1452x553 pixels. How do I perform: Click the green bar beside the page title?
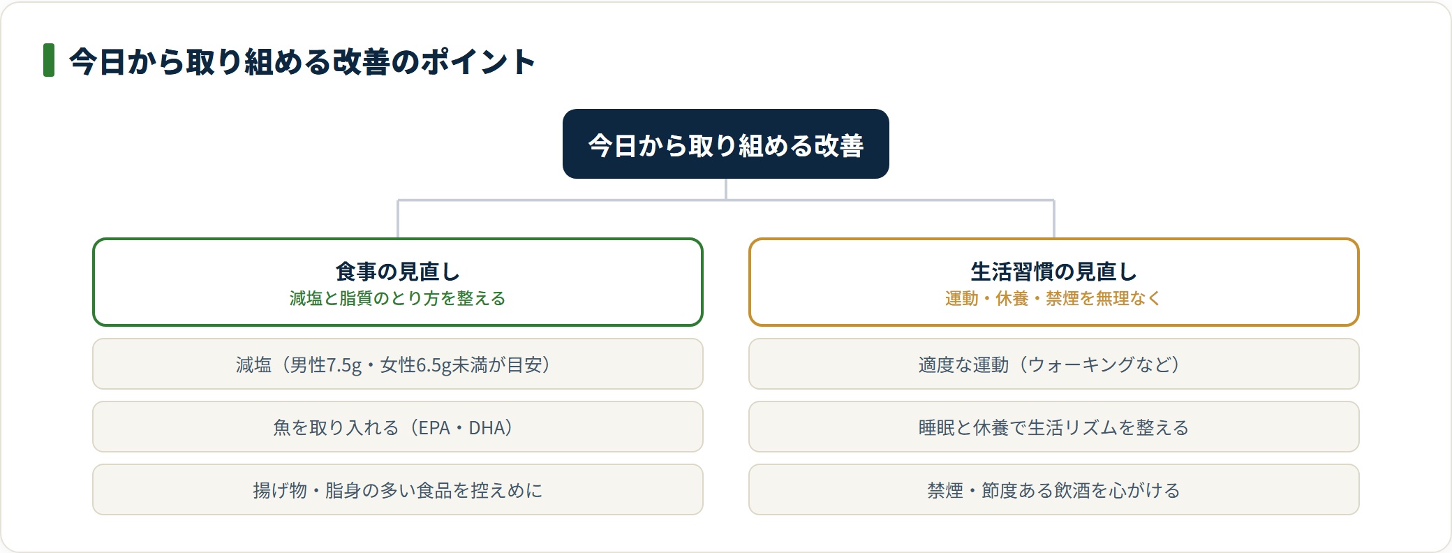point(49,60)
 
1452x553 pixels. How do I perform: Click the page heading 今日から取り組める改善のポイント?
point(302,61)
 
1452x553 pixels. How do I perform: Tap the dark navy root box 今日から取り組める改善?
point(726,144)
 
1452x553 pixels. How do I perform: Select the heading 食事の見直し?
point(397,271)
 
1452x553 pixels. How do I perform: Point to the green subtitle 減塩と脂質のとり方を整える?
point(397,298)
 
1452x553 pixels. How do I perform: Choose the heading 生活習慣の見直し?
point(1053,271)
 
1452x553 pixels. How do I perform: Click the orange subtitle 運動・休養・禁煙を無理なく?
point(1053,298)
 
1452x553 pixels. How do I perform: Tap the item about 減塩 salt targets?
point(398,364)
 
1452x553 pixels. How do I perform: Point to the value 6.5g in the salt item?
point(434,365)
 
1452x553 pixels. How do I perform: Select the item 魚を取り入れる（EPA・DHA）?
point(398,427)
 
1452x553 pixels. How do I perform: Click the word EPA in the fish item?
point(434,427)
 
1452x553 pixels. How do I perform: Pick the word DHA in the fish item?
point(486,427)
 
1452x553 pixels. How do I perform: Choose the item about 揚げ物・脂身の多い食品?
point(398,489)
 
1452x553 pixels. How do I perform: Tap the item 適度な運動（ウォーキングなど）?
point(1054,364)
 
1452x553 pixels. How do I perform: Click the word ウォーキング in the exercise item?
point(1081,364)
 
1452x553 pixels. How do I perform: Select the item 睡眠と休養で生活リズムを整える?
point(1054,427)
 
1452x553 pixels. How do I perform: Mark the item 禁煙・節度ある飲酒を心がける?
point(1054,489)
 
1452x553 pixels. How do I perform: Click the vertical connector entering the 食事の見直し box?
point(398,219)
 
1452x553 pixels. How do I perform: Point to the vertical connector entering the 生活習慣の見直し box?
point(1054,219)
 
